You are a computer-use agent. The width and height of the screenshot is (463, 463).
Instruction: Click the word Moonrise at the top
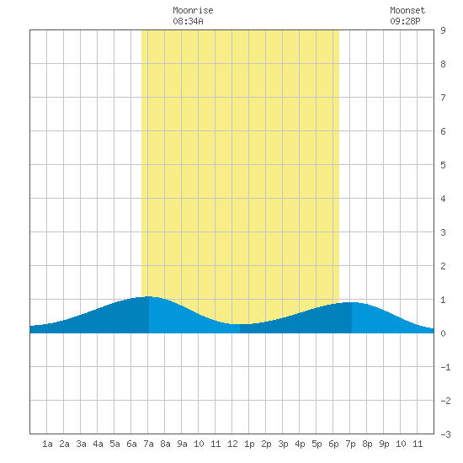click(x=193, y=11)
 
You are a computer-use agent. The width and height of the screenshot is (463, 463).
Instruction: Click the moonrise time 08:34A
click(x=188, y=21)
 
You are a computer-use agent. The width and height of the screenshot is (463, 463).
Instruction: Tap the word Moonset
click(x=407, y=11)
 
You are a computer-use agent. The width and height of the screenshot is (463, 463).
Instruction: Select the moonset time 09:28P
click(x=405, y=21)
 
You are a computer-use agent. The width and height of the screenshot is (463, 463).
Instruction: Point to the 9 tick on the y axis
click(x=443, y=30)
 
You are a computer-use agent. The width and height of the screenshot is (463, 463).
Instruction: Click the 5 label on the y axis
click(x=443, y=165)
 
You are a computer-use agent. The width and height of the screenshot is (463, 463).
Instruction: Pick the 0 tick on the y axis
click(x=443, y=333)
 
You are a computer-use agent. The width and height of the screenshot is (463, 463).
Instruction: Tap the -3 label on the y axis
click(x=445, y=434)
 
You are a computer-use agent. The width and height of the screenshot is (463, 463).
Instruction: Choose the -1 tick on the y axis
click(x=445, y=367)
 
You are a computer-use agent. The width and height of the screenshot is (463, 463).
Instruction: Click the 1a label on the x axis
click(x=47, y=444)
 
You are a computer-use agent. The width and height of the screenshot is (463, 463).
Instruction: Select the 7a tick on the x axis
click(x=148, y=444)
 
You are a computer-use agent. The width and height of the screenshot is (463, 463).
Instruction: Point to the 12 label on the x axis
click(x=232, y=444)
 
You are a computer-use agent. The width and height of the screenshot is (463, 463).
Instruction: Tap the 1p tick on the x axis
click(x=249, y=444)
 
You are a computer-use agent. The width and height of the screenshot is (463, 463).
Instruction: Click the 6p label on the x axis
click(x=333, y=444)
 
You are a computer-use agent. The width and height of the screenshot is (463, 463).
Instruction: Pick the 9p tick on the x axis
click(x=384, y=444)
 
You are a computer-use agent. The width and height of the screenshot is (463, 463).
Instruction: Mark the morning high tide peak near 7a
click(x=149, y=296)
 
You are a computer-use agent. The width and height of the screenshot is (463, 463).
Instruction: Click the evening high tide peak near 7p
click(x=352, y=302)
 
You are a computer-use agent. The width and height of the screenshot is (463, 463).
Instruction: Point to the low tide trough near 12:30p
click(x=240, y=324)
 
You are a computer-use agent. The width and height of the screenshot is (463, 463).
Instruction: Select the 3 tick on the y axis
click(x=443, y=232)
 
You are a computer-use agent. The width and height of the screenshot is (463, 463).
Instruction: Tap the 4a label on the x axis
click(x=98, y=444)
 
